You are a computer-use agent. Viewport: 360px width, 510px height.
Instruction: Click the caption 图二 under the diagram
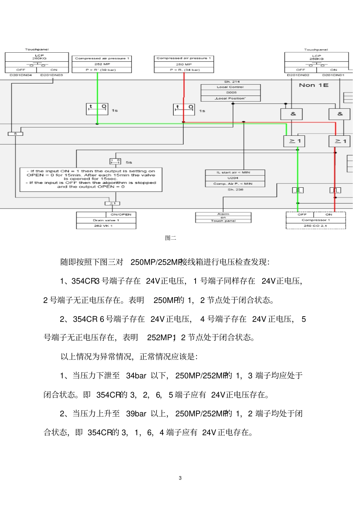tap(171, 238)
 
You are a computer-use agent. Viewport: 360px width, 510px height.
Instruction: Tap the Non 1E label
tap(313, 85)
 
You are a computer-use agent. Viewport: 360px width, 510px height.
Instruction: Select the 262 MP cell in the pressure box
tap(102, 64)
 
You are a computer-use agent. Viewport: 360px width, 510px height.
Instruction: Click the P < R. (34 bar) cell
tap(184, 70)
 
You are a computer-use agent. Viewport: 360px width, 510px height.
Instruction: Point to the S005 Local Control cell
tap(231, 93)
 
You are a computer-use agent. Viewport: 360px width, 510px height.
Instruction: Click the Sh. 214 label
tap(232, 82)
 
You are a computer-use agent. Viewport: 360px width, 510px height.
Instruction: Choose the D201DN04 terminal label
tap(20, 75)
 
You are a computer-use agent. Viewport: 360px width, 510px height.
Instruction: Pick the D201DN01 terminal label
tap(333, 75)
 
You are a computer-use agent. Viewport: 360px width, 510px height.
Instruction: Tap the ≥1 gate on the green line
tap(294, 141)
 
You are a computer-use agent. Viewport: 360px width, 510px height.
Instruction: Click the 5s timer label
tap(129, 162)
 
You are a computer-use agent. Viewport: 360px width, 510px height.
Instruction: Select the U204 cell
tap(235, 178)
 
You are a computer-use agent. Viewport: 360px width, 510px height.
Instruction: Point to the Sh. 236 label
tap(235, 190)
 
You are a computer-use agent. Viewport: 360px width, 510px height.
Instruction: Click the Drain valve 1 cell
tap(106, 220)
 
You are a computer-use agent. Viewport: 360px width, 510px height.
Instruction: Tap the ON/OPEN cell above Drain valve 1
tap(121, 215)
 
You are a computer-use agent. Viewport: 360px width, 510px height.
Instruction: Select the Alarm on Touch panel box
tap(223, 218)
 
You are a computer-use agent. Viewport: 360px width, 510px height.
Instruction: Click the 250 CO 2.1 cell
tap(315, 226)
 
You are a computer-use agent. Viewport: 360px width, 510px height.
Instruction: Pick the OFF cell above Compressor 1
tap(302, 215)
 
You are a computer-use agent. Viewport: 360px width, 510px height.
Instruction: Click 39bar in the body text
tap(136, 414)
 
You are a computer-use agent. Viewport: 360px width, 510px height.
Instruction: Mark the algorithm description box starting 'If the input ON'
tap(91, 179)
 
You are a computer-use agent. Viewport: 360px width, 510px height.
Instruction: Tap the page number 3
tap(180, 478)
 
